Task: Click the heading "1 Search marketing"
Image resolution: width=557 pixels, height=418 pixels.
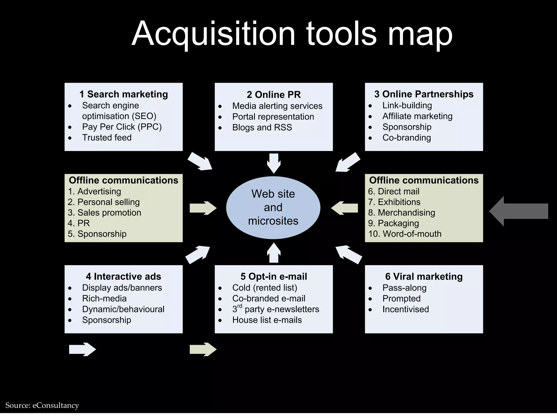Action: (123, 94)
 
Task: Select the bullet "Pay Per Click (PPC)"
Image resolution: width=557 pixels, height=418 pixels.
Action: (122, 127)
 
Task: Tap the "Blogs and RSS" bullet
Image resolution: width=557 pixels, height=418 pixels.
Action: (262, 127)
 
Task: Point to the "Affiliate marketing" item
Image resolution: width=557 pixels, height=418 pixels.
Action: (417, 116)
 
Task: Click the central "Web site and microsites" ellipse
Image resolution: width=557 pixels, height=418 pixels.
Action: (273, 207)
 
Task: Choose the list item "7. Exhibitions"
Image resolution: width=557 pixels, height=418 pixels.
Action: (394, 202)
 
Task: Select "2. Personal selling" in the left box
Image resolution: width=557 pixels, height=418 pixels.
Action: (104, 202)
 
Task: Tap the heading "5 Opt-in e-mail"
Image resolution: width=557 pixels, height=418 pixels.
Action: (274, 276)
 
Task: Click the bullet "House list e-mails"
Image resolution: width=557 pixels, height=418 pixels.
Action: (267, 320)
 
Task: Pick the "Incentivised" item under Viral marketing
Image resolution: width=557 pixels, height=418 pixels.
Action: (406, 309)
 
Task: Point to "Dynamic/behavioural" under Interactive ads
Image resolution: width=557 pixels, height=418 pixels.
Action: (123, 309)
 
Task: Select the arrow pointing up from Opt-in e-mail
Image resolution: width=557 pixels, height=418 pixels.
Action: (274, 253)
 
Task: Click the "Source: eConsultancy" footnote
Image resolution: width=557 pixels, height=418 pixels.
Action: (42, 405)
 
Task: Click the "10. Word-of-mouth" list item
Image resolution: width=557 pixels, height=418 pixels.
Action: (405, 234)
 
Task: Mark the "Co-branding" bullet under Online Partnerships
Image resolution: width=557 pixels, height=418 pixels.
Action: (407, 138)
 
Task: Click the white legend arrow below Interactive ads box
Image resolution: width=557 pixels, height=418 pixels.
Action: (82, 349)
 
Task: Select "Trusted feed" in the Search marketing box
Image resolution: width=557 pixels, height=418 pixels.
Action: (107, 138)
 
